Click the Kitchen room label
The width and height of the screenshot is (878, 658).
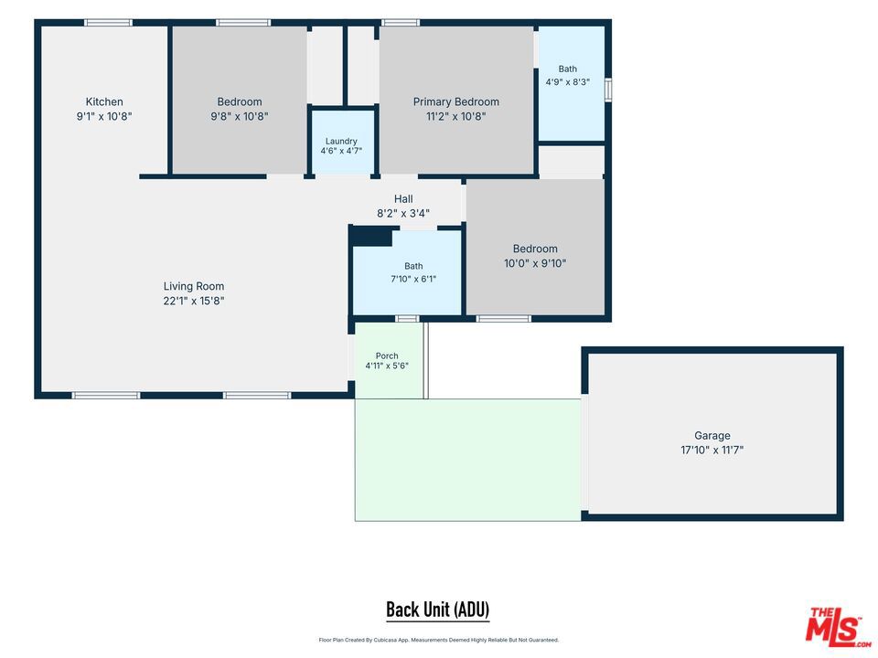tap(104, 101)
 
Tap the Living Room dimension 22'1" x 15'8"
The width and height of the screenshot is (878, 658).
tap(194, 301)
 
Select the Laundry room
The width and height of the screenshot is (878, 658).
tap(341, 141)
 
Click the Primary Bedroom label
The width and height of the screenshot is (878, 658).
tap(455, 101)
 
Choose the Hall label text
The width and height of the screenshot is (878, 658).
tap(403, 198)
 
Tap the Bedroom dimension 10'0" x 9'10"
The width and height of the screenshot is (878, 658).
tap(535, 263)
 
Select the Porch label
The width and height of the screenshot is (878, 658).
tap(387, 356)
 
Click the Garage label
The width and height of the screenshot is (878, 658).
tap(712, 435)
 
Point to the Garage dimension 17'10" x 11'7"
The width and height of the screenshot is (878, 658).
tap(712, 450)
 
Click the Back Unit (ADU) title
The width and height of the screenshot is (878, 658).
tap(438, 610)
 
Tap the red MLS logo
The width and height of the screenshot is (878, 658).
tap(837, 627)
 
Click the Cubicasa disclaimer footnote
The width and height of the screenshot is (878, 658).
tap(438, 640)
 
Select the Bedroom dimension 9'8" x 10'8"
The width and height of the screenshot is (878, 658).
tap(240, 116)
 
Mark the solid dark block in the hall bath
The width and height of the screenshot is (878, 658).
tap(370, 236)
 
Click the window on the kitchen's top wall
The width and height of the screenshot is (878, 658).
tap(109, 22)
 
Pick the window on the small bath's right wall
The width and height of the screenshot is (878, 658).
tap(608, 90)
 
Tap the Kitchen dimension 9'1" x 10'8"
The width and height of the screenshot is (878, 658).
tap(104, 116)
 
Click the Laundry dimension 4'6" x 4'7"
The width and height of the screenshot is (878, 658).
tap(341, 151)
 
